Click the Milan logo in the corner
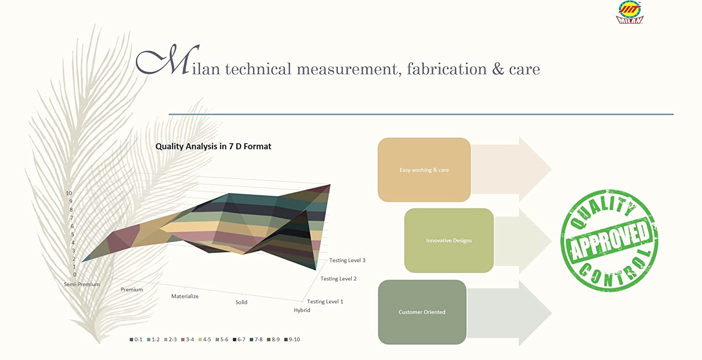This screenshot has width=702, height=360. [629, 13]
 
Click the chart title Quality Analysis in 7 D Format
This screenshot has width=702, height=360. [213, 147]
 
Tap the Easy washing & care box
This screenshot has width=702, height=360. [424, 169]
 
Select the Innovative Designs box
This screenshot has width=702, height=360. [449, 241]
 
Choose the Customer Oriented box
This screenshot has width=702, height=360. [422, 312]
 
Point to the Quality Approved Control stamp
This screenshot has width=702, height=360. [609, 241]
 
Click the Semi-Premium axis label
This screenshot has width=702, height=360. [82, 285]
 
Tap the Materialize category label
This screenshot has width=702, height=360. [185, 296]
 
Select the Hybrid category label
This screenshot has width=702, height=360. [302, 310]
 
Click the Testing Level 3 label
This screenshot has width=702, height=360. [347, 260]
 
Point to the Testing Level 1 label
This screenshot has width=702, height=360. [325, 301]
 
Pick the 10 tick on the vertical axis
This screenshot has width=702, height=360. [69, 193]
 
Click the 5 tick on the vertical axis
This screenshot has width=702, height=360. [73, 234]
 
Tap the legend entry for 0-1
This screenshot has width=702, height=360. [136, 339]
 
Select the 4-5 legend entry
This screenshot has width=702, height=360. [205, 339]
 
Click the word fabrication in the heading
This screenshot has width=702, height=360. [446, 69]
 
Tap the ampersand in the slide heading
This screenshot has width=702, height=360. [498, 69]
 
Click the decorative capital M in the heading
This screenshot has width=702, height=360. [168, 59]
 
